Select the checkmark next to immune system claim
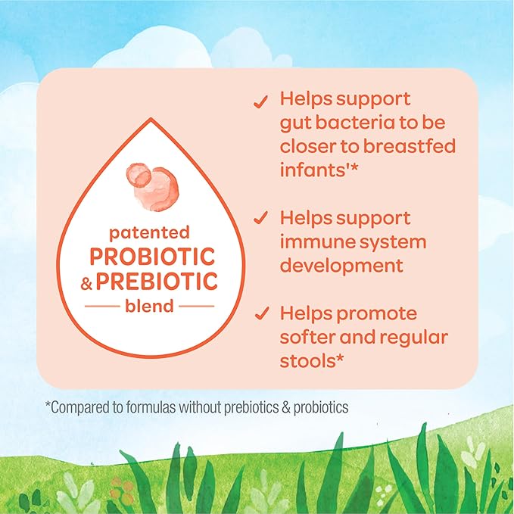(x=260, y=219)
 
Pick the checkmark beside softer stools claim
(x=260, y=313)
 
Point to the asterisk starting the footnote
(x=48, y=405)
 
